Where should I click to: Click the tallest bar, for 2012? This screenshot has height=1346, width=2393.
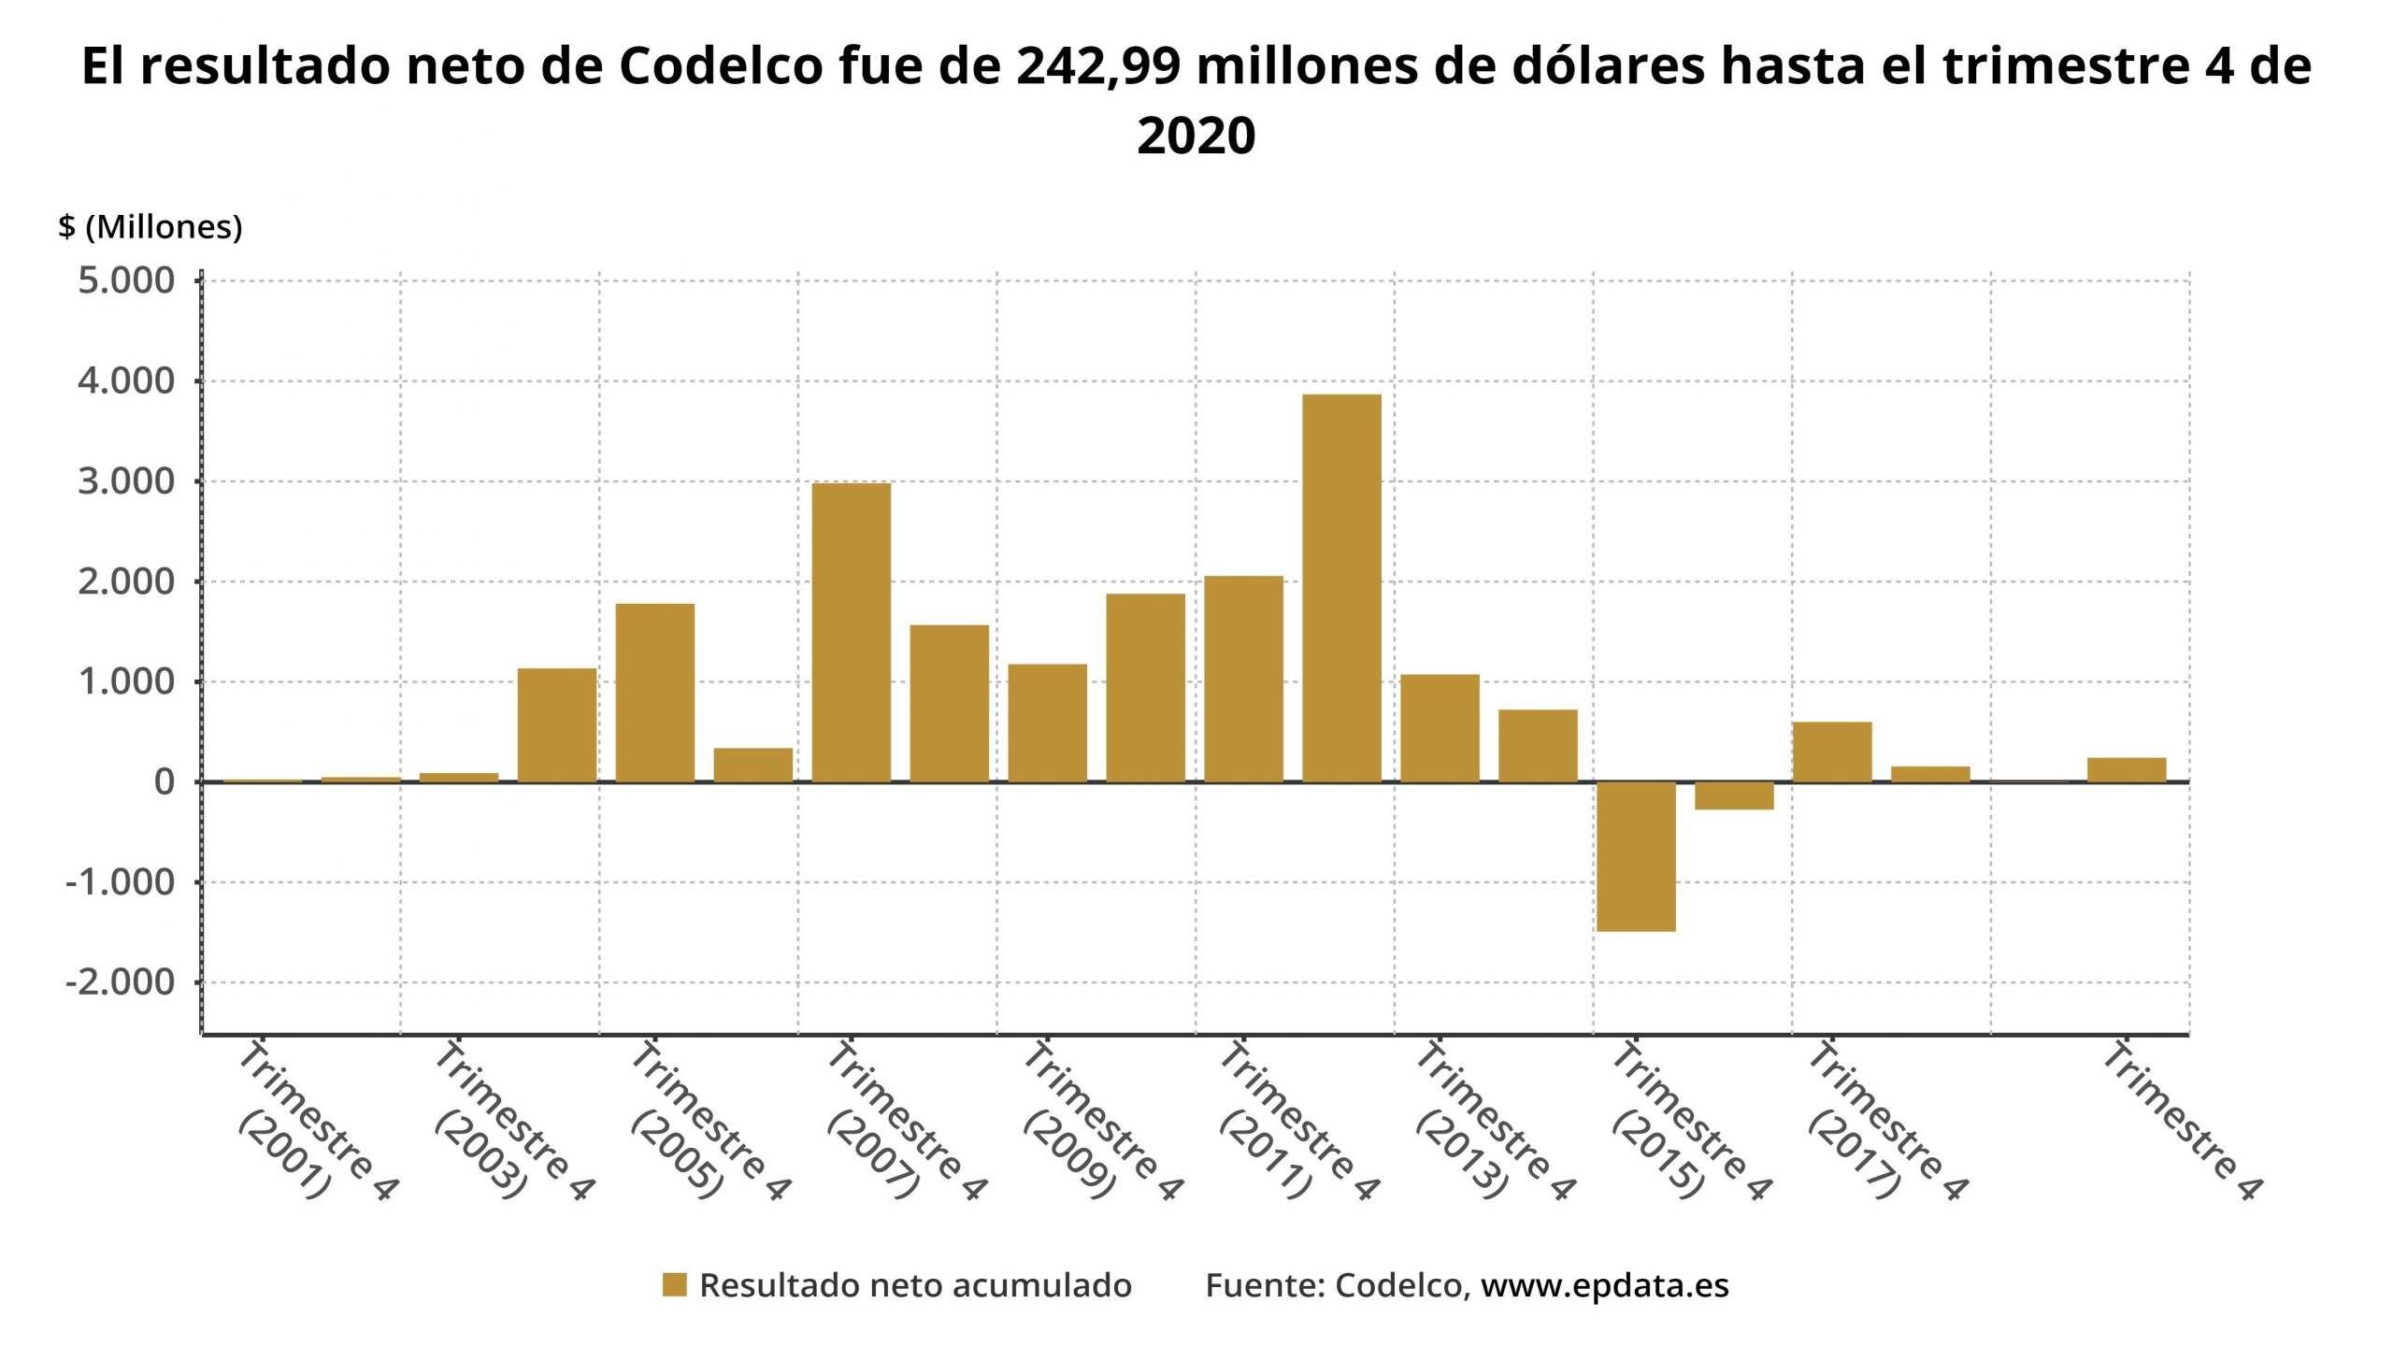coord(1341,588)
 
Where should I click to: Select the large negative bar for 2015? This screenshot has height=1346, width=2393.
coord(1636,856)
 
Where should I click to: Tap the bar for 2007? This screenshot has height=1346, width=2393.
coord(851,632)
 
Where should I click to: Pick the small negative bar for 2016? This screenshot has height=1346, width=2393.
coord(1734,795)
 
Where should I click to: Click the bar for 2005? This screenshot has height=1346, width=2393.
coord(654,693)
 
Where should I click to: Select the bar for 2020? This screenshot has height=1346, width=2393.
coord(2127,769)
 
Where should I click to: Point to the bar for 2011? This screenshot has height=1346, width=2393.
coord(1243,679)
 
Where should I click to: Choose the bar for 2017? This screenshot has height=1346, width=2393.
coord(1832,752)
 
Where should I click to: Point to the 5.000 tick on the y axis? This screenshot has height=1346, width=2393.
coord(126,280)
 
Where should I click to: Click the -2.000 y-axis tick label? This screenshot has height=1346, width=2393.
coord(120,982)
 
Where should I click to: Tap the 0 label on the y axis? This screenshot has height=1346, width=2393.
coord(165,782)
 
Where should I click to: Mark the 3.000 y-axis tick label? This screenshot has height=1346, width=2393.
coord(126,481)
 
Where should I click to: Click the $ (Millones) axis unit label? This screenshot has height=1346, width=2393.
coord(150,227)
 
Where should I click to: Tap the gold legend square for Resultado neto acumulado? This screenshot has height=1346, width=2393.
coord(674,1285)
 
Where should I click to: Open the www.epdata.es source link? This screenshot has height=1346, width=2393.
coord(1604,1285)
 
